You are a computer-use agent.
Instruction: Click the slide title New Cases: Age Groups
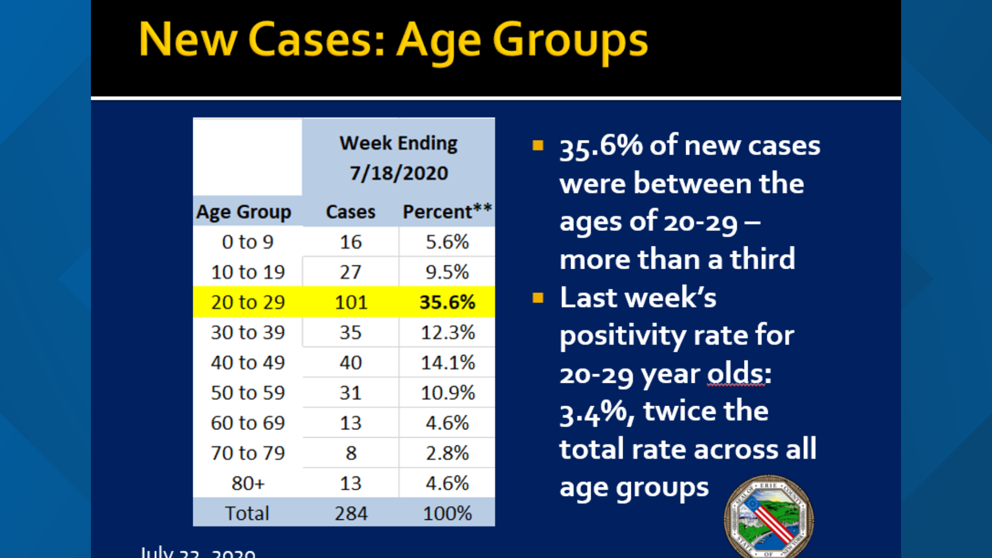[393, 40]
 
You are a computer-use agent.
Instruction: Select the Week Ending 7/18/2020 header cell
[398, 158]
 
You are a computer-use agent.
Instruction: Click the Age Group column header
[244, 212]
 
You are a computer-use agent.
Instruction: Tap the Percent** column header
[447, 212]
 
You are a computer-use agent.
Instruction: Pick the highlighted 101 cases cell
[351, 302]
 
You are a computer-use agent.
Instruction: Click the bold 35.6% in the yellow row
[447, 302]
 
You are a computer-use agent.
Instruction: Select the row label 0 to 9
[247, 242]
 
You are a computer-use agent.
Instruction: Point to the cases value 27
[351, 272]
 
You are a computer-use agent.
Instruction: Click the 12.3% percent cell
[447, 332]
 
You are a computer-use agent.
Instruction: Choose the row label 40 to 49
[247, 363]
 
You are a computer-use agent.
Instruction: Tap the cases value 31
[351, 393]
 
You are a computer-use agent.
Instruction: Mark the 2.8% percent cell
[447, 453]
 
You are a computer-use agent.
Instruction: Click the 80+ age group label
[247, 484]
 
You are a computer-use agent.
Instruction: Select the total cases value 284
[351, 514]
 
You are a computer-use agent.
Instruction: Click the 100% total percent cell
[447, 514]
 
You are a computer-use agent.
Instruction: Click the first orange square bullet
[538, 145]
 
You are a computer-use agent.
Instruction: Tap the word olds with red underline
[738, 374]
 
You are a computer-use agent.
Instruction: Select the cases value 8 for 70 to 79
[351, 453]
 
